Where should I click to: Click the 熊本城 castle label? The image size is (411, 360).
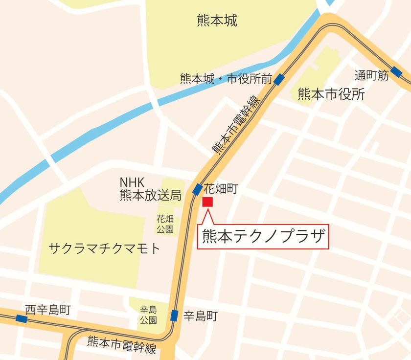pyautogui.click(x=217, y=21)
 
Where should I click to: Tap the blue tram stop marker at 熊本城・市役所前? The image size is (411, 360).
pyautogui.click(x=279, y=79)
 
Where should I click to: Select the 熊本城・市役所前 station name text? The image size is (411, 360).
pyautogui.click(x=226, y=78)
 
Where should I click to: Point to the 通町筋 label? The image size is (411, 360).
pyautogui.click(x=371, y=75)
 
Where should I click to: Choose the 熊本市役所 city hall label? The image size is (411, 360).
pyautogui.click(x=331, y=94)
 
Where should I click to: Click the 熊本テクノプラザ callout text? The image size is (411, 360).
pyautogui.click(x=263, y=237)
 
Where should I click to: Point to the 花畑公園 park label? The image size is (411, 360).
pyautogui.click(x=165, y=224)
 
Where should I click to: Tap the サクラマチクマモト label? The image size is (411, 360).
pyautogui.click(x=105, y=249)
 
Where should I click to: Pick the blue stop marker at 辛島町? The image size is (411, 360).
pyautogui.click(x=174, y=315)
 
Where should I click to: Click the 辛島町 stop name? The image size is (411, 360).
pyautogui.click(x=200, y=315)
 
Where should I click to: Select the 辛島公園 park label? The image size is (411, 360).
pyautogui.click(x=148, y=315)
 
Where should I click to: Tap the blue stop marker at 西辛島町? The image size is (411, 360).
pyautogui.click(x=21, y=318)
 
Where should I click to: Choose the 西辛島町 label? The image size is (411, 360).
pyautogui.click(x=48, y=309)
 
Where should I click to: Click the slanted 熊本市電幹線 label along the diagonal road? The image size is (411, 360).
pyautogui.click(x=235, y=125)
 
